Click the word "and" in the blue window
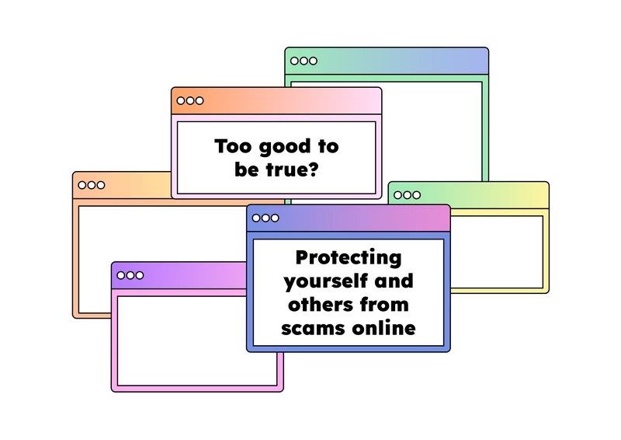(394, 281)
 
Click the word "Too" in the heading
(233, 146)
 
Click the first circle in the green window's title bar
(295, 61)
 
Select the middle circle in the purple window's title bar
(130, 275)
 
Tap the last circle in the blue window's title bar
(275, 218)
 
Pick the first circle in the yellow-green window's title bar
(397, 195)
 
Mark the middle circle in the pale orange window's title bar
(92, 185)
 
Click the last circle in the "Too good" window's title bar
(199, 101)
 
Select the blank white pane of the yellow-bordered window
(497, 253)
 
